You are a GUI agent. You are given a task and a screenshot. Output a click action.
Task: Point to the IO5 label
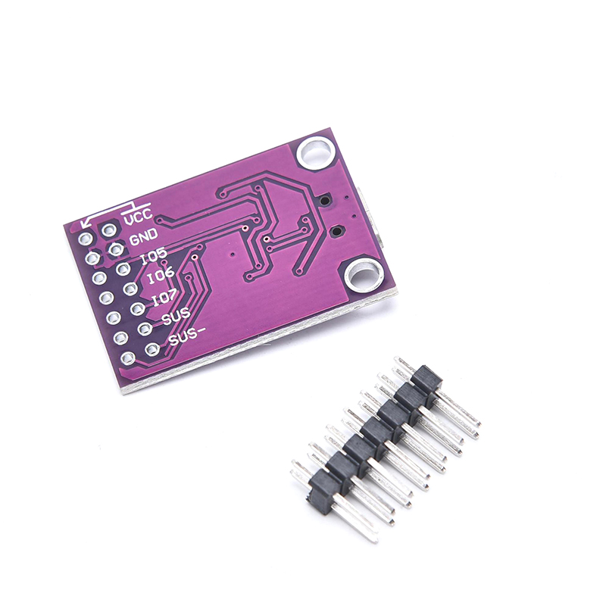tap(154, 255)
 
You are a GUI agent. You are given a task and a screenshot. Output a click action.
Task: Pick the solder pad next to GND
tap(116, 249)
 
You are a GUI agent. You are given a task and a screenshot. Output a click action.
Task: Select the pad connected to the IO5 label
tap(123, 269)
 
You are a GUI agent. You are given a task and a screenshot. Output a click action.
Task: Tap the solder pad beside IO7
tap(137, 308)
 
